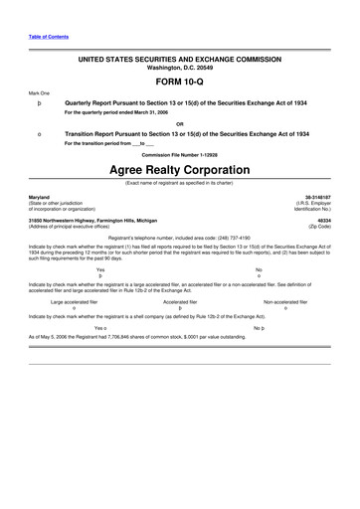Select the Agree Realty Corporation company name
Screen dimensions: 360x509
(x=179, y=169)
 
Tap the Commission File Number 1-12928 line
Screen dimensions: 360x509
(x=179, y=154)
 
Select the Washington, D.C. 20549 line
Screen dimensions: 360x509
(x=179, y=70)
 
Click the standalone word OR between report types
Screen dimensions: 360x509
(x=179, y=123)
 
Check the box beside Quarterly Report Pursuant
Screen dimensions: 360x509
(x=38, y=102)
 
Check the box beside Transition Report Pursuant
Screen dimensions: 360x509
(x=38, y=133)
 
